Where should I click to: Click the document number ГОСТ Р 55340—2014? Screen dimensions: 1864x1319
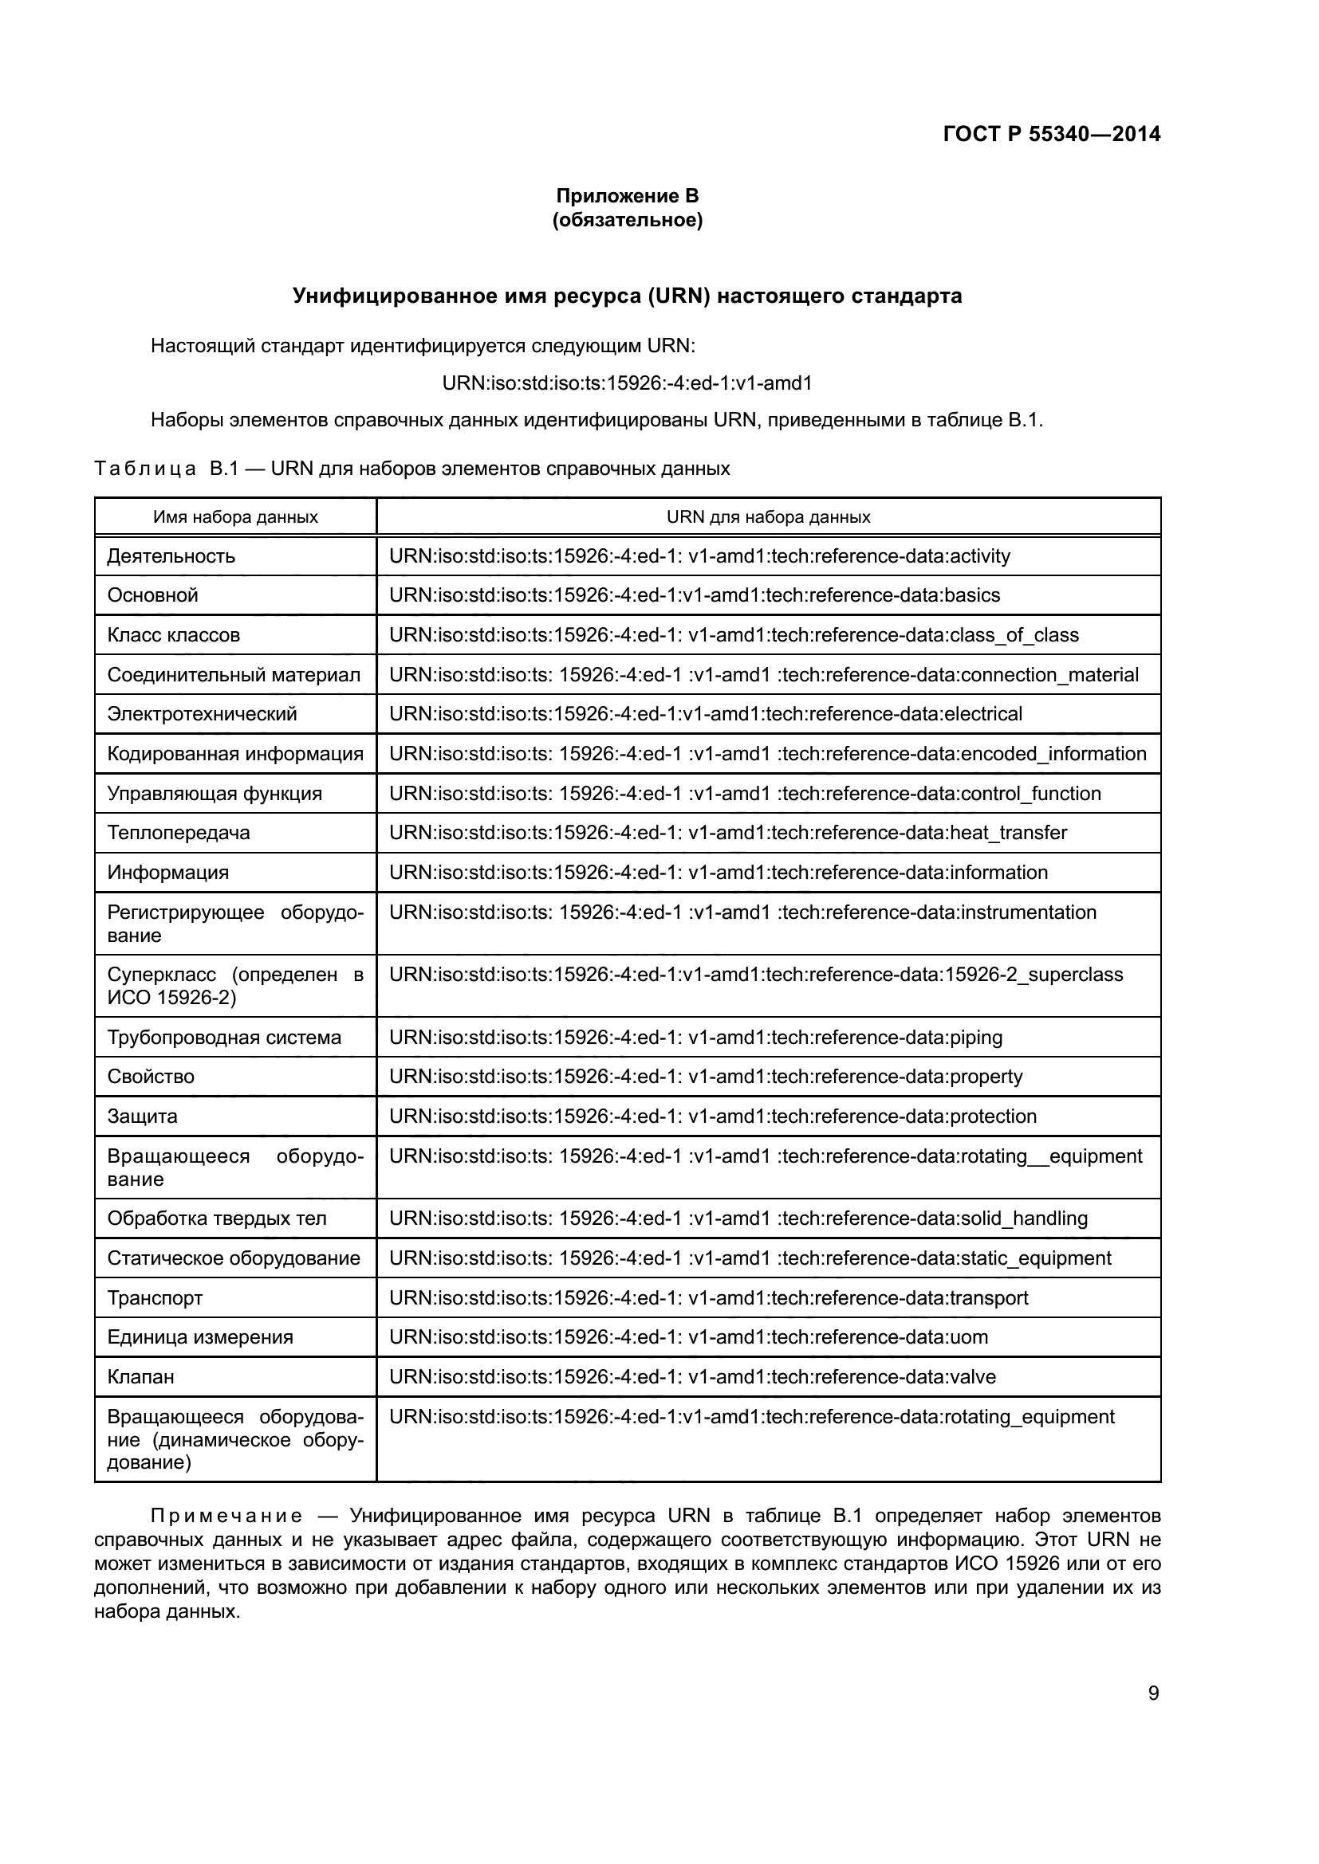(x=1051, y=134)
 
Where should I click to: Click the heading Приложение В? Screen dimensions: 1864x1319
(x=626, y=196)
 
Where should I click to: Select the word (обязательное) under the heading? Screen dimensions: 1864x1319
(x=626, y=220)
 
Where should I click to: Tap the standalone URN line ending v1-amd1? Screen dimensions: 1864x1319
(x=626, y=383)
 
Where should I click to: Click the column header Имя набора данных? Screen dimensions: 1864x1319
(x=235, y=517)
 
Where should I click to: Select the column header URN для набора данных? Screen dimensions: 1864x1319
(x=767, y=517)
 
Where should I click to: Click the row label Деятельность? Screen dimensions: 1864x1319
(x=171, y=556)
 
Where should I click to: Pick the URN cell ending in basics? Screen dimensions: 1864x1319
(x=695, y=595)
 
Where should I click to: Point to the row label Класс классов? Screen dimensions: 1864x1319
(x=174, y=635)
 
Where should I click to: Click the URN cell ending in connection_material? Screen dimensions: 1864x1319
(x=763, y=675)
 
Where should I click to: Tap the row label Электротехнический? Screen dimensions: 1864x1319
(x=203, y=713)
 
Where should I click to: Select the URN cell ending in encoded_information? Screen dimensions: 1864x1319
(x=767, y=753)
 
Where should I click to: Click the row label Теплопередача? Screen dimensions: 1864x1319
(x=179, y=832)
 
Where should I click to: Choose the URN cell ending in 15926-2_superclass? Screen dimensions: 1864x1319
(x=755, y=974)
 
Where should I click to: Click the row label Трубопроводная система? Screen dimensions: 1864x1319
(x=224, y=1037)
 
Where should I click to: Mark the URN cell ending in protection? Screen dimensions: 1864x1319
(x=712, y=1116)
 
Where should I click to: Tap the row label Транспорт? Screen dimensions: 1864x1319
(x=156, y=1297)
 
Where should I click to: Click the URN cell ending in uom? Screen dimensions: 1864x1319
(x=688, y=1337)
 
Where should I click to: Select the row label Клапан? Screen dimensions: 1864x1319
(x=140, y=1376)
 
